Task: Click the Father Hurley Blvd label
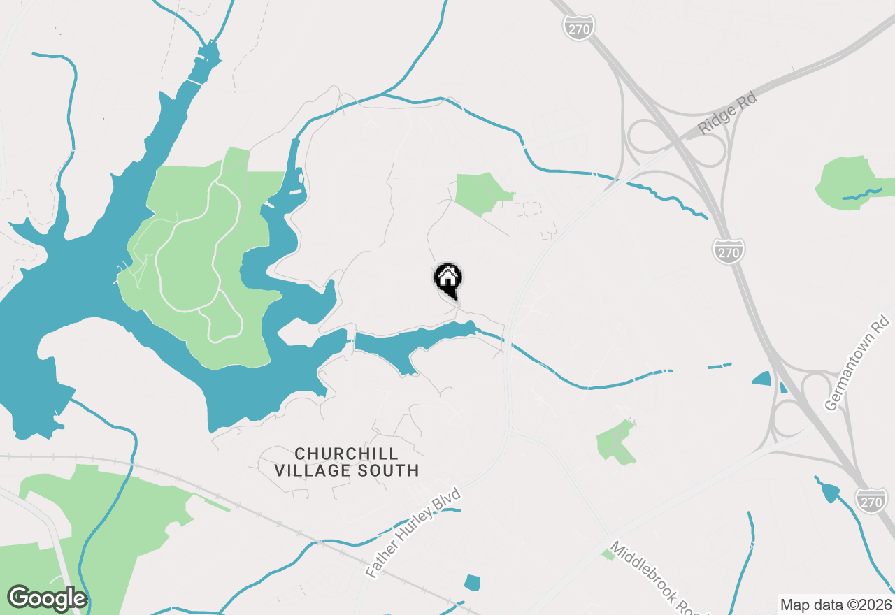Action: click(x=414, y=533)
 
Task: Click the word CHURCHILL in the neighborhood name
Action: click(x=346, y=454)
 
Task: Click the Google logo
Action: click(x=47, y=599)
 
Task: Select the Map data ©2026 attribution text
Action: click(x=836, y=605)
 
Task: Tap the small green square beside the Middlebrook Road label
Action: click(x=608, y=555)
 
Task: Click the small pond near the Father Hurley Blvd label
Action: click(x=473, y=583)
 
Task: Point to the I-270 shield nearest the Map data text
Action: click(x=871, y=500)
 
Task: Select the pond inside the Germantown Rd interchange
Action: click(x=761, y=379)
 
